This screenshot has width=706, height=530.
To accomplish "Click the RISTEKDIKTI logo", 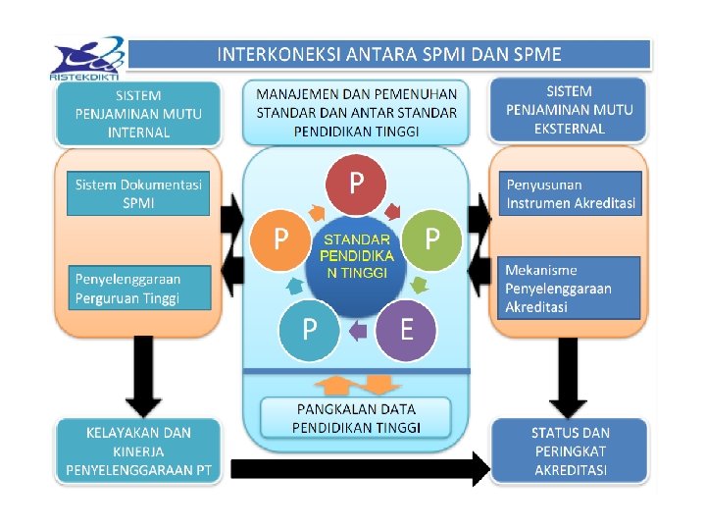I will tap(88, 59).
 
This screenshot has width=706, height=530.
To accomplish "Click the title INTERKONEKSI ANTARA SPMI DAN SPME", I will tap(389, 54).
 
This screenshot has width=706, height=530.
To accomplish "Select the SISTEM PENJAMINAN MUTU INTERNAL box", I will tap(138, 113).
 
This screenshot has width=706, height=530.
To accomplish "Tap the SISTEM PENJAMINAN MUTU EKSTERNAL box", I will tap(570, 109).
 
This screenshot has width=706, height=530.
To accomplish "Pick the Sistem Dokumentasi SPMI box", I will tap(138, 193).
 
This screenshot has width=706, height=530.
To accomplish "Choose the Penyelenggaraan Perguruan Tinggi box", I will tap(138, 288).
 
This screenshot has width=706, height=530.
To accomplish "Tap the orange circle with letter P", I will tap(281, 239).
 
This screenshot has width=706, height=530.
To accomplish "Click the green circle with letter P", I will tap(430, 239).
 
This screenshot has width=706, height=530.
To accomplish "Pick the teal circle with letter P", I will tap(309, 330).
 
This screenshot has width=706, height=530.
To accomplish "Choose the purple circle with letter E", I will tap(405, 330).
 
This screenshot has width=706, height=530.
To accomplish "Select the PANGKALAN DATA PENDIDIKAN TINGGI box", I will tap(356, 418).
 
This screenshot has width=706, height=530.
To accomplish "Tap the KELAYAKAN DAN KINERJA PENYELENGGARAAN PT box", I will tap(138, 450).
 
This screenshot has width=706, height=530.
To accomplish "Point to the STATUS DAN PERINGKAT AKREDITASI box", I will tap(570, 450).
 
